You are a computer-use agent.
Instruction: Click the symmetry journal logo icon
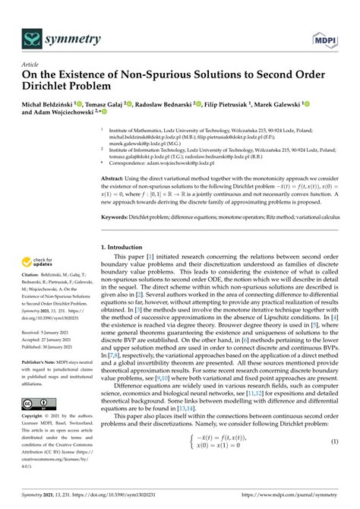(32, 38)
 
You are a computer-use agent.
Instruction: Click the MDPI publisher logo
(324, 38)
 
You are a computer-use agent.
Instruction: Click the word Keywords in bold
(116, 217)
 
